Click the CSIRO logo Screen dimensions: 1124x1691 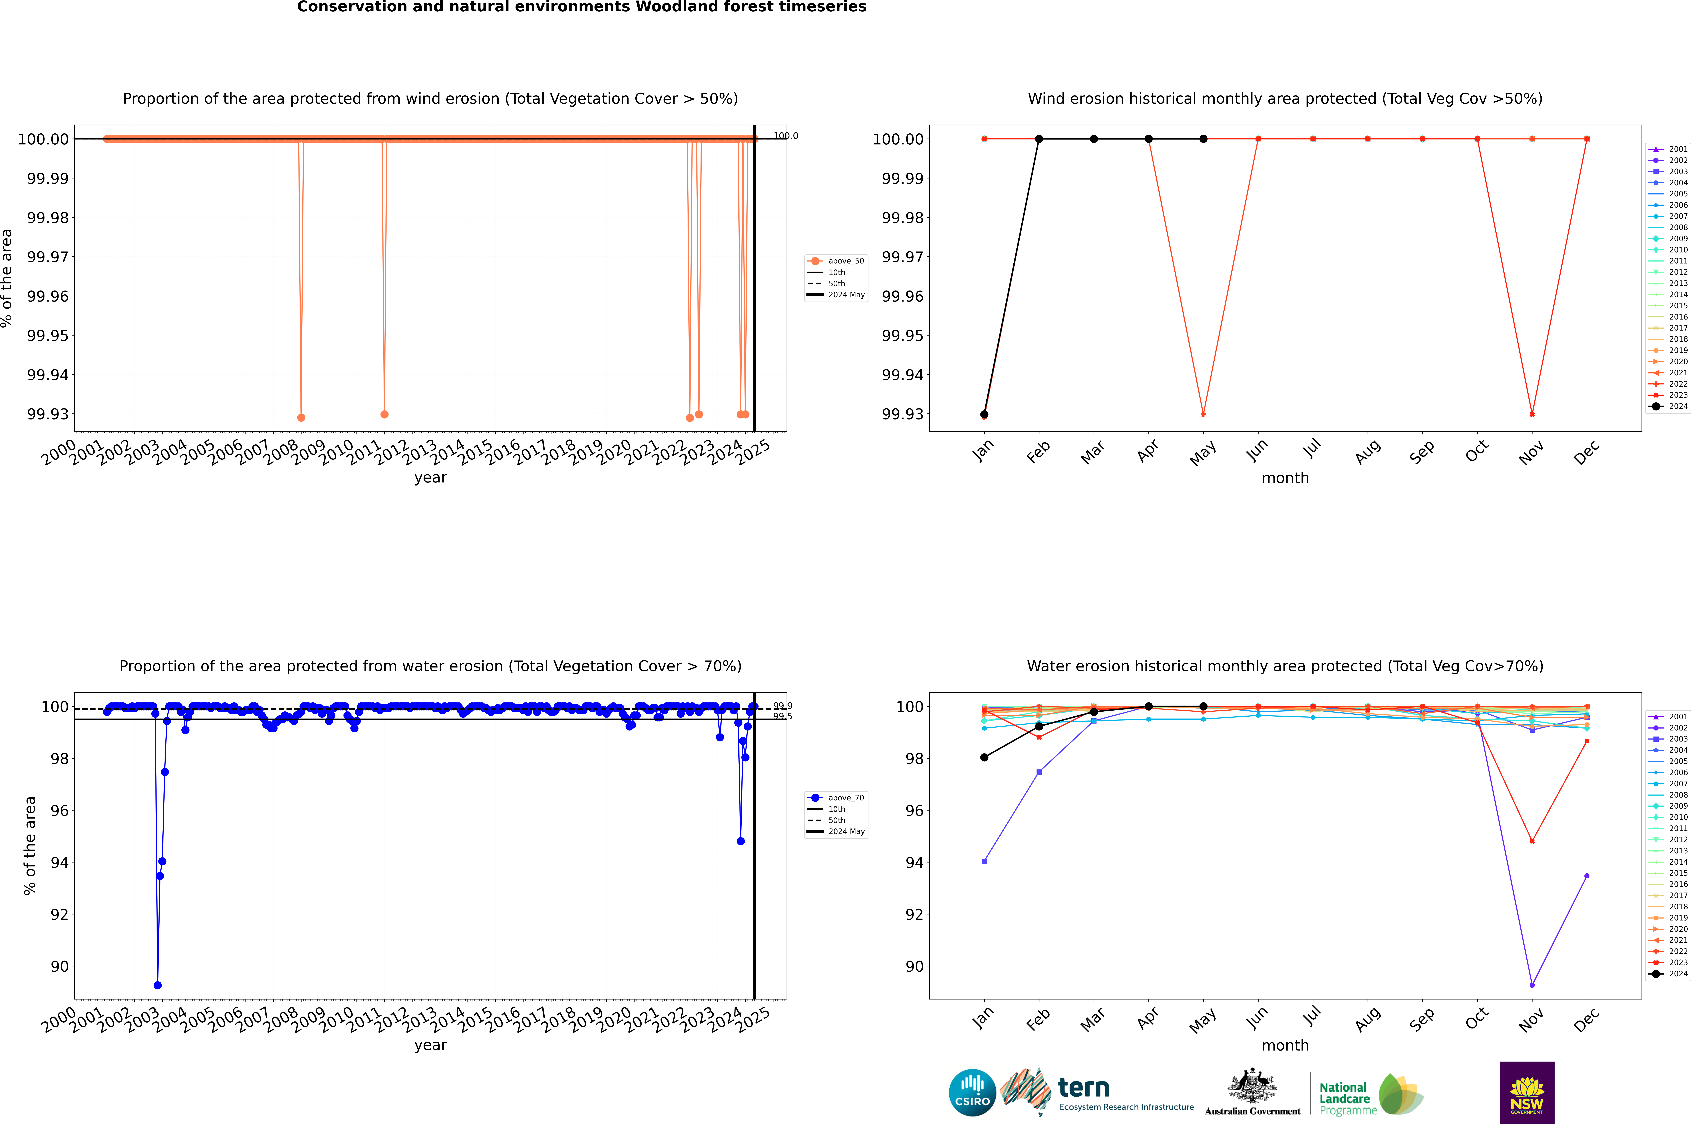972,1093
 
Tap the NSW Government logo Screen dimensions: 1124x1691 1527,1093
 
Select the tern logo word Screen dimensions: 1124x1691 1084,1088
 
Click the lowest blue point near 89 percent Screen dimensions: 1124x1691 158,985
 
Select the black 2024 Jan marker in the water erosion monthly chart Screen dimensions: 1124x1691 984,757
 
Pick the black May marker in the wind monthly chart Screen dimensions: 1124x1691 1204,139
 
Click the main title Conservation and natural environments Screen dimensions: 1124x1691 581,7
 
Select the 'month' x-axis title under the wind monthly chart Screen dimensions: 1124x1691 1285,478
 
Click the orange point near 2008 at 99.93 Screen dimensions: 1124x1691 301,417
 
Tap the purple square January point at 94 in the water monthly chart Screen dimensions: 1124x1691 984,861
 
